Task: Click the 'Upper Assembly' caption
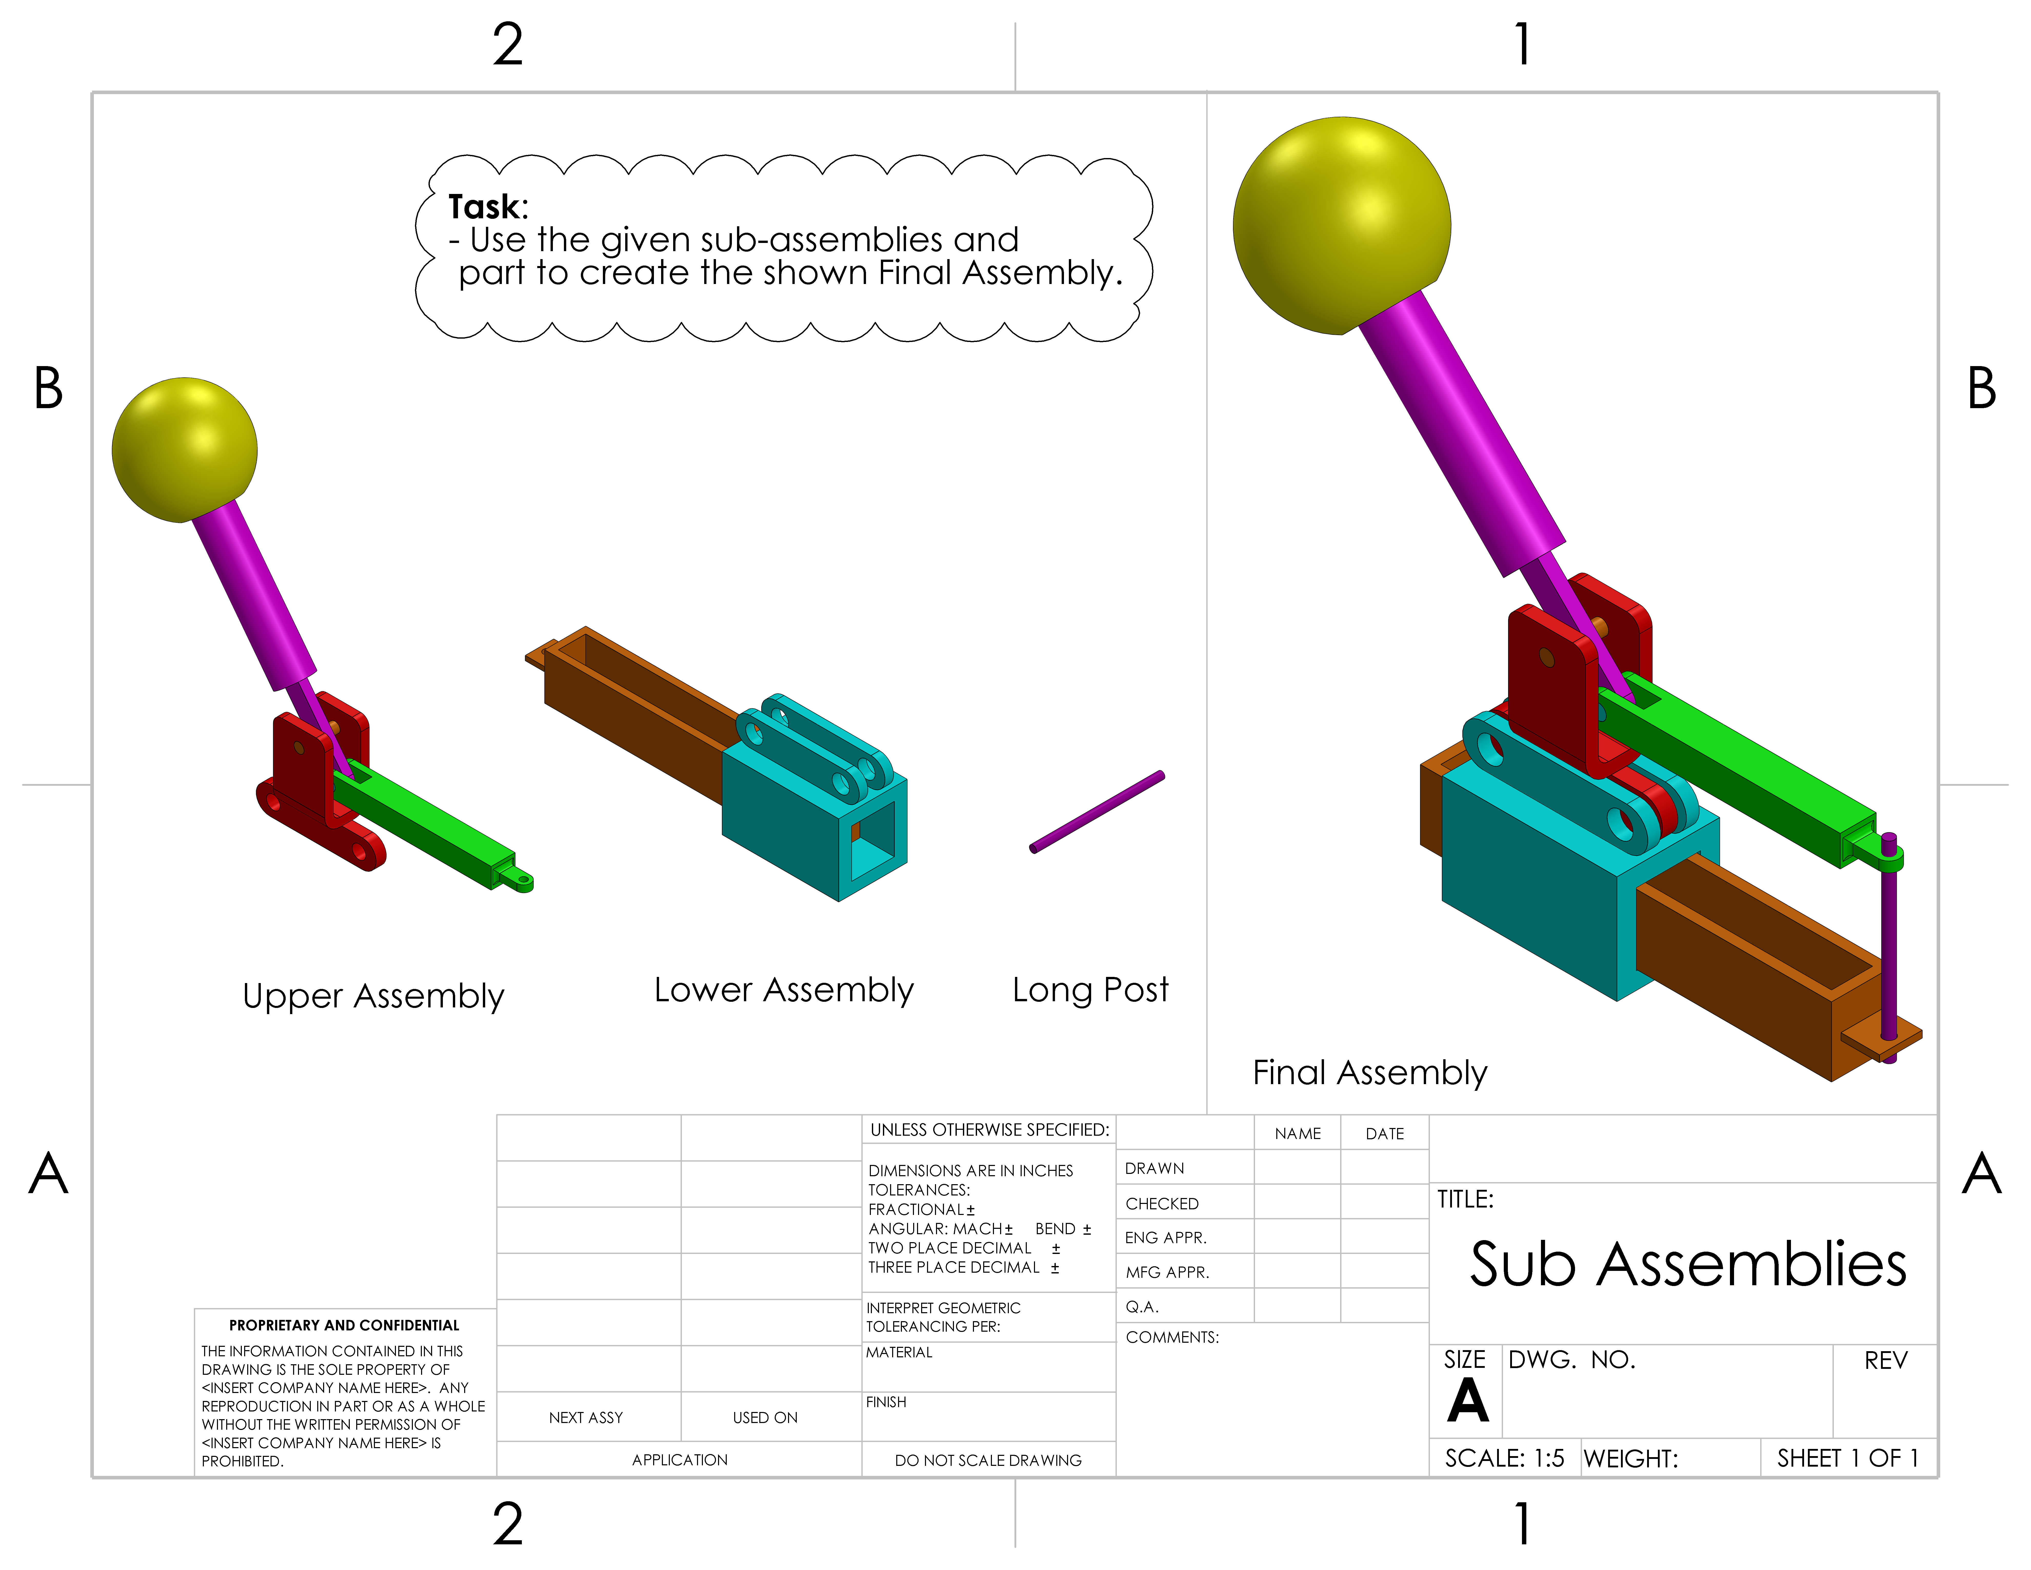click(x=373, y=996)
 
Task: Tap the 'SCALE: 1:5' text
click(x=1504, y=1458)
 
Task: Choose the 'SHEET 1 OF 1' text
click(x=1847, y=1458)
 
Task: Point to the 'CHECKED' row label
click(x=1161, y=1204)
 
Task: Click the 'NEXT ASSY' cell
click(x=586, y=1417)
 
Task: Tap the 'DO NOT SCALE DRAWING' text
click(x=988, y=1460)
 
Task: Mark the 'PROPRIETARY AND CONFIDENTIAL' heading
click(x=344, y=1325)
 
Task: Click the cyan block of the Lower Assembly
click(x=781, y=828)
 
